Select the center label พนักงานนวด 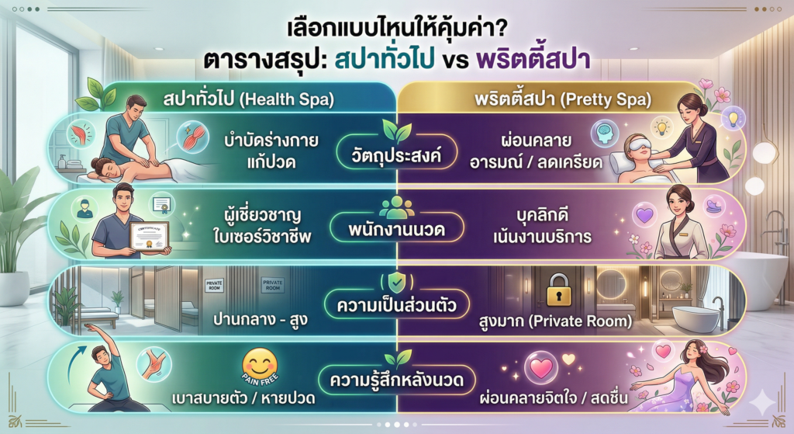tap(397, 231)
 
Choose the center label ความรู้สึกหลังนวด tap(397, 381)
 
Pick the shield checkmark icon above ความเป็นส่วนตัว tap(397, 281)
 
